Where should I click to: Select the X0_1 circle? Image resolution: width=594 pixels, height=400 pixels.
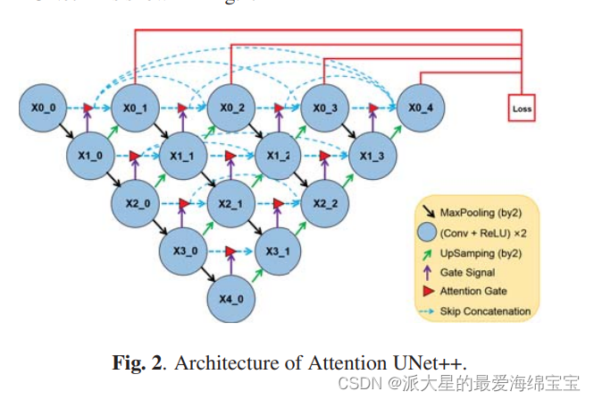pos(135,108)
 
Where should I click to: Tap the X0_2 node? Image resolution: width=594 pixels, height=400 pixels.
pos(230,108)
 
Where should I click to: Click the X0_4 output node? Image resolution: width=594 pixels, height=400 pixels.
pos(419,108)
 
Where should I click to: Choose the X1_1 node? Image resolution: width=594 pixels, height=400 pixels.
pos(183,157)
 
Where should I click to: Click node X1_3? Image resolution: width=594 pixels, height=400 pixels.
pos(372,156)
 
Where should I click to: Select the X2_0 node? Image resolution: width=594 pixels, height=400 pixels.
pos(137,204)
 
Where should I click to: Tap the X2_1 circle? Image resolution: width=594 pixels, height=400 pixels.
pos(230,204)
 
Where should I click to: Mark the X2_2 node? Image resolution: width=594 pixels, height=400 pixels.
pos(325,204)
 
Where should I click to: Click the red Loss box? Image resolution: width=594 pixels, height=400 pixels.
pos(522,109)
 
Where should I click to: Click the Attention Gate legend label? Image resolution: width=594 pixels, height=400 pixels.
pos(474,291)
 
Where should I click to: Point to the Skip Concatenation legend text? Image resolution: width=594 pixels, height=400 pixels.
pos(485,311)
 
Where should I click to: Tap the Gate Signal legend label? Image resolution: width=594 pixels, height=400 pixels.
pos(469,271)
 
